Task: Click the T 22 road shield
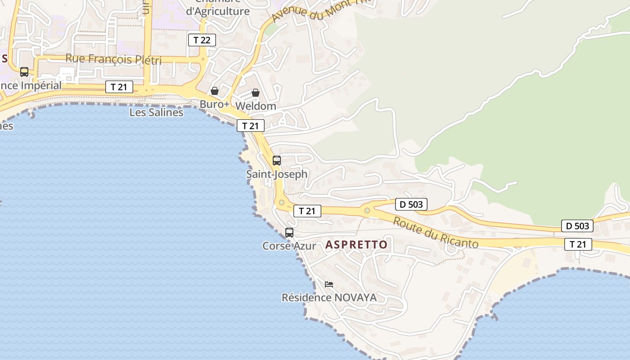(202, 40)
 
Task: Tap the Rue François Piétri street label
(113, 59)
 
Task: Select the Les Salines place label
(156, 112)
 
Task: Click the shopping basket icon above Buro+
(215, 91)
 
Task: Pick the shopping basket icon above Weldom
(256, 93)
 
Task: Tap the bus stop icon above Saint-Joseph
(277, 160)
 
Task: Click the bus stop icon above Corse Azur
(289, 233)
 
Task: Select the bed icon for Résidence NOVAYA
(329, 284)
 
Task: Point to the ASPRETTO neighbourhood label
(356, 245)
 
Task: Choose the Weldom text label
(256, 106)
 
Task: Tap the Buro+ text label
(215, 104)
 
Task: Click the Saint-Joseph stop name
(277, 174)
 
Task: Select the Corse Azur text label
(289, 246)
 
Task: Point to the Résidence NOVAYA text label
(329, 297)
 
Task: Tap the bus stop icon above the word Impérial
(24, 72)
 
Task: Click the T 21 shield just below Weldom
(250, 126)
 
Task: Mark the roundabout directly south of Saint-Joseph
(282, 202)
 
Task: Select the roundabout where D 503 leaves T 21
(367, 210)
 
